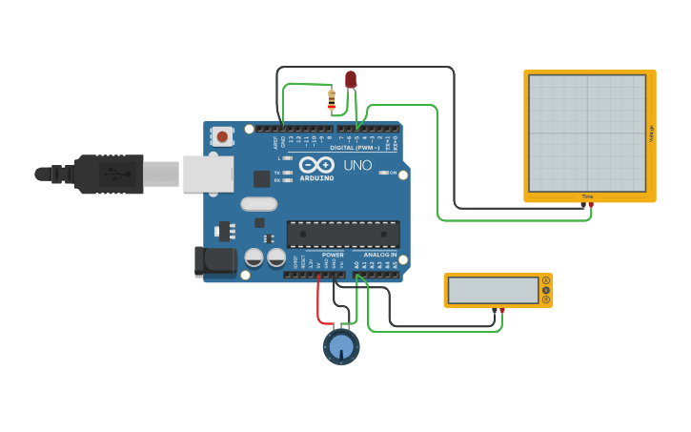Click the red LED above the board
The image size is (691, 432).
coord(351,79)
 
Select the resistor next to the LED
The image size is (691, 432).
coord(331,99)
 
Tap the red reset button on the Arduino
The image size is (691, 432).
coord(222,136)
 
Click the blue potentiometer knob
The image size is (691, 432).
coord(341,346)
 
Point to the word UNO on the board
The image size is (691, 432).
coord(357,165)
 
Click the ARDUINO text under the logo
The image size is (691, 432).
coord(317,177)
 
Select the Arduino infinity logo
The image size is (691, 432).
coord(316,165)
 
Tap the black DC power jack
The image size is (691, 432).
coord(213,261)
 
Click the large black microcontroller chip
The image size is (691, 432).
coord(343,235)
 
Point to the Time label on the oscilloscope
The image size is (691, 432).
coord(587,196)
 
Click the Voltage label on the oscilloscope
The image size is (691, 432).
coord(651,134)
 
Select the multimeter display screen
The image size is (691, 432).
coord(493,290)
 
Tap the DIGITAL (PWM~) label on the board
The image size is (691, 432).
coord(354,149)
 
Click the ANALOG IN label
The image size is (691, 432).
coord(379,255)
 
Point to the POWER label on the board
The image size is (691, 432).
coord(333,255)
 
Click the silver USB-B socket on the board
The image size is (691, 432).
coord(209,174)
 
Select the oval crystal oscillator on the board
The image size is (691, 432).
coord(258,203)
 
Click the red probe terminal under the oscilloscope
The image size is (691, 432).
coord(591,204)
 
